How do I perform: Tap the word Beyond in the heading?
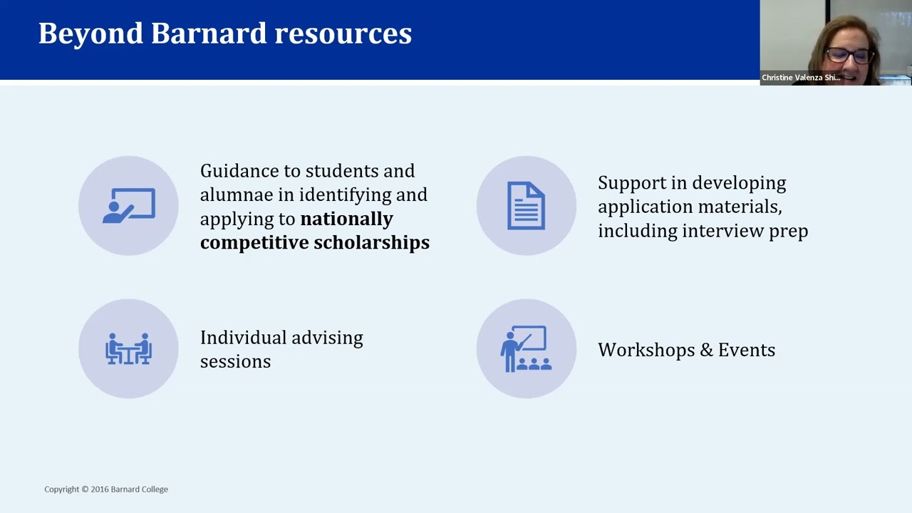90,33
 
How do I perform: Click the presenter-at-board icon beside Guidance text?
128,206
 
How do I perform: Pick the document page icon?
526,206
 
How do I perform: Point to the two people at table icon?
128,348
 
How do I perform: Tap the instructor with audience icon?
526,349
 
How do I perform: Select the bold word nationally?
346,218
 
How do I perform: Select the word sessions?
235,361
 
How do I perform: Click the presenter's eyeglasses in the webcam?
849,56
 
